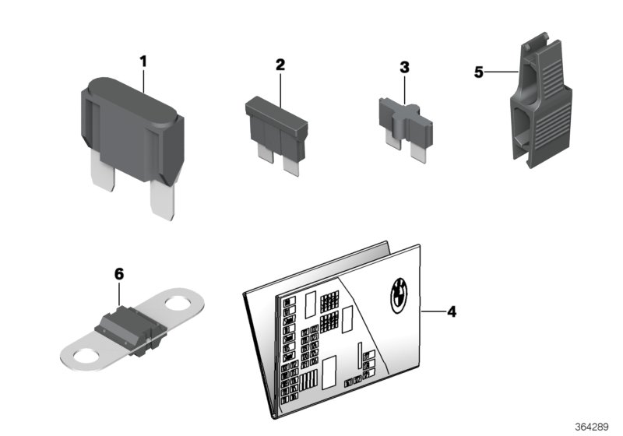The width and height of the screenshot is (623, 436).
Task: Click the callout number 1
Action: [x=143, y=59]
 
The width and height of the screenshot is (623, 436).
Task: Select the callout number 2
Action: [x=280, y=65]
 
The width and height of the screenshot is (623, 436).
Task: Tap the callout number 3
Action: [x=404, y=68]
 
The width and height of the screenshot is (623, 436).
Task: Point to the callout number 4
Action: [x=451, y=311]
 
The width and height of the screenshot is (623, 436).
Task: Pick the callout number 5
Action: [x=479, y=72]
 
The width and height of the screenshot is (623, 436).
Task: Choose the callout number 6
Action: [x=118, y=273]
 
